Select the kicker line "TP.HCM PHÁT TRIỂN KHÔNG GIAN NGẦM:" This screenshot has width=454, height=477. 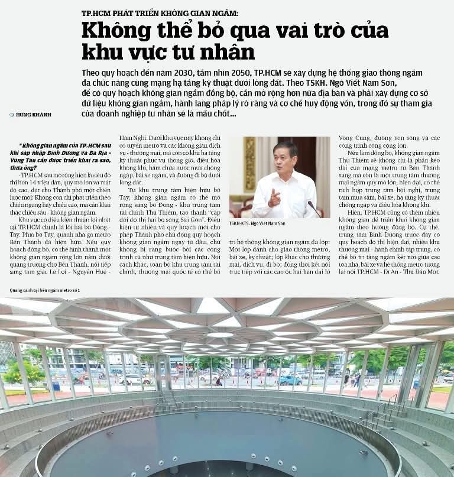pyautogui.click(x=160, y=13)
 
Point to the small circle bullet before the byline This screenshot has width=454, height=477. pyautogui.click(x=12, y=114)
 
